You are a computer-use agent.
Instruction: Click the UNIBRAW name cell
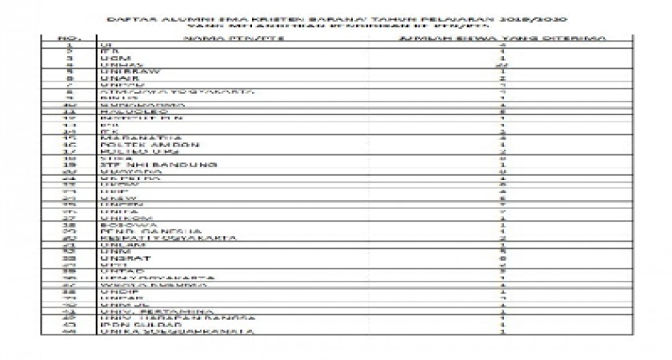(x=122, y=70)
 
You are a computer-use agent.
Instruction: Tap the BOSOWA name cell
(x=119, y=225)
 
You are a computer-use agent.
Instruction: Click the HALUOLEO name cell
(x=125, y=113)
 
